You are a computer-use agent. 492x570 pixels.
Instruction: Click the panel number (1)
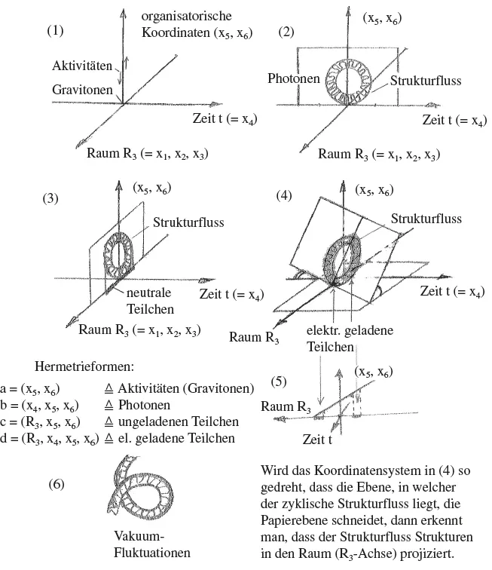(x=56, y=31)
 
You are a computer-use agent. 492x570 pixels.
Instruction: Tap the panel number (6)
(x=61, y=483)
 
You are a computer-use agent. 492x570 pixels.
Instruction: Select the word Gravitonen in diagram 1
(x=83, y=90)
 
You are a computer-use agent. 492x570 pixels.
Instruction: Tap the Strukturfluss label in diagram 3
(x=188, y=223)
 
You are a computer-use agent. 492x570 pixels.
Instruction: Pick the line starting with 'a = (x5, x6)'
(x=127, y=388)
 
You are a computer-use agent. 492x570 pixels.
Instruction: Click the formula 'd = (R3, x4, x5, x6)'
(x=50, y=438)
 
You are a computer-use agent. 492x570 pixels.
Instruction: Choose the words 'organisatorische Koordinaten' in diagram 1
(x=197, y=24)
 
